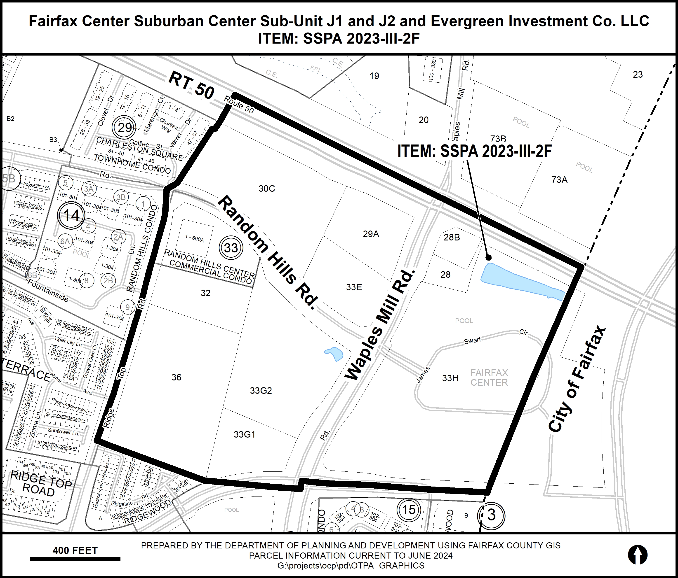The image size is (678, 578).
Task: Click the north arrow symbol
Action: pyautogui.click(x=637, y=555)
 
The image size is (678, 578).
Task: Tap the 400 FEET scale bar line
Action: pyautogui.click(x=75, y=559)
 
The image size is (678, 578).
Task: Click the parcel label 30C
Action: pyautogui.click(x=267, y=189)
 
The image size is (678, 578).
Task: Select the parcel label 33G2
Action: pyautogui.click(x=261, y=391)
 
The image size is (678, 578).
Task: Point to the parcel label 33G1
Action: pyautogui.click(x=245, y=434)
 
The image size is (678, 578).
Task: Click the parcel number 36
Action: pyautogui.click(x=176, y=378)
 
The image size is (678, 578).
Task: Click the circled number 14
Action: pyautogui.click(x=71, y=215)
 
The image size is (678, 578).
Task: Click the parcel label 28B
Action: pyautogui.click(x=452, y=237)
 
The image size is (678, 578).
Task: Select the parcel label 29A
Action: pyautogui.click(x=371, y=234)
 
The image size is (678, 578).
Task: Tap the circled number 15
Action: pyautogui.click(x=408, y=509)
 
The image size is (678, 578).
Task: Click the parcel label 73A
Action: pyautogui.click(x=559, y=179)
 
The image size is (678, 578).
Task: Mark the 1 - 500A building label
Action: pyautogui.click(x=194, y=239)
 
